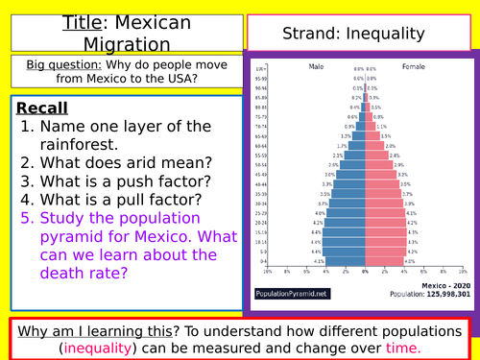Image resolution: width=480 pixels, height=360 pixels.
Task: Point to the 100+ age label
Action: (260, 69)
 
